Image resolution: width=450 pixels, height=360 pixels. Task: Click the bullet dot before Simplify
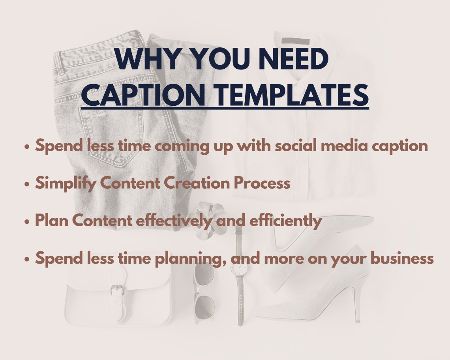tap(27, 184)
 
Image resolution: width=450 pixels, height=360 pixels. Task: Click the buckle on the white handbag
tap(117, 290)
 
